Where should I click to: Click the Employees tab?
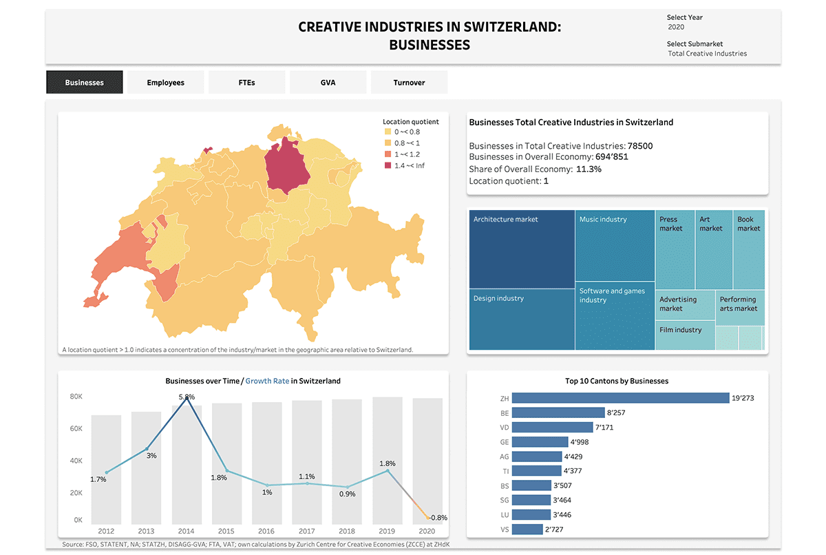coord(165,83)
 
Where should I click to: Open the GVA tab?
coord(328,83)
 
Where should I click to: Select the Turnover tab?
coord(409,83)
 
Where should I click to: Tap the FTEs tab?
coord(246,83)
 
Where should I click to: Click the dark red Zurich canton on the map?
coord(287,169)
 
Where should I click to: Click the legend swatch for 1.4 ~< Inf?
coord(388,165)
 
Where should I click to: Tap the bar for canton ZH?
coord(620,398)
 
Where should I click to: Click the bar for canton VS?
coord(528,529)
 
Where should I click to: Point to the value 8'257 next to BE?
coord(615,413)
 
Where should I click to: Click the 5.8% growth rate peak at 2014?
coord(187,397)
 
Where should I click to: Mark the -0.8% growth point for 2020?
coord(430,517)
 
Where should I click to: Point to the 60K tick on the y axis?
coord(76,429)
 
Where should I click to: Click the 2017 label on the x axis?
coord(306,531)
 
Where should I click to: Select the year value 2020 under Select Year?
coord(676,28)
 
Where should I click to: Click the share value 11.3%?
coord(589,169)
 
